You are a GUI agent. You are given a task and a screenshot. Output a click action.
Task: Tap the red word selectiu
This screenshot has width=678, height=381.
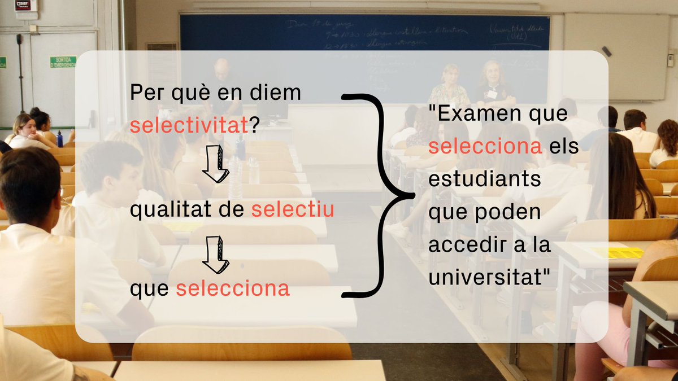(293, 210)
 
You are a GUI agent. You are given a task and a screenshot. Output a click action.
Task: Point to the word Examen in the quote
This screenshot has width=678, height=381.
(472, 115)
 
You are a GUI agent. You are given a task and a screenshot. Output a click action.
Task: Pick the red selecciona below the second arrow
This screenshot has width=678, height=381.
(233, 289)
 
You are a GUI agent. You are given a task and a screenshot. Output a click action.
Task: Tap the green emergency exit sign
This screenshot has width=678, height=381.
(63, 62)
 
